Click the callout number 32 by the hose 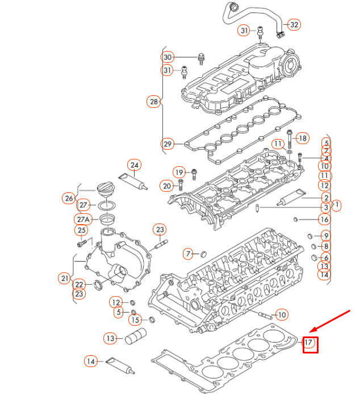[x=294, y=25]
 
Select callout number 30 [x=167, y=57]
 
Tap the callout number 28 [x=153, y=102]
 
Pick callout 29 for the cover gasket [x=167, y=144]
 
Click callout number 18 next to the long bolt [x=303, y=138]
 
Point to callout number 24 [x=134, y=166]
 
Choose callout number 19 [x=179, y=172]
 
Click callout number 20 [x=167, y=186]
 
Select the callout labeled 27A [x=83, y=219]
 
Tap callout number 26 [x=69, y=198]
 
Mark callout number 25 [x=81, y=230]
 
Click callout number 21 [x=64, y=277]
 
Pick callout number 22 [x=79, y=284]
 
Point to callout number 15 [x=134, y=320]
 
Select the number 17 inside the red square [x=309, y=343]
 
